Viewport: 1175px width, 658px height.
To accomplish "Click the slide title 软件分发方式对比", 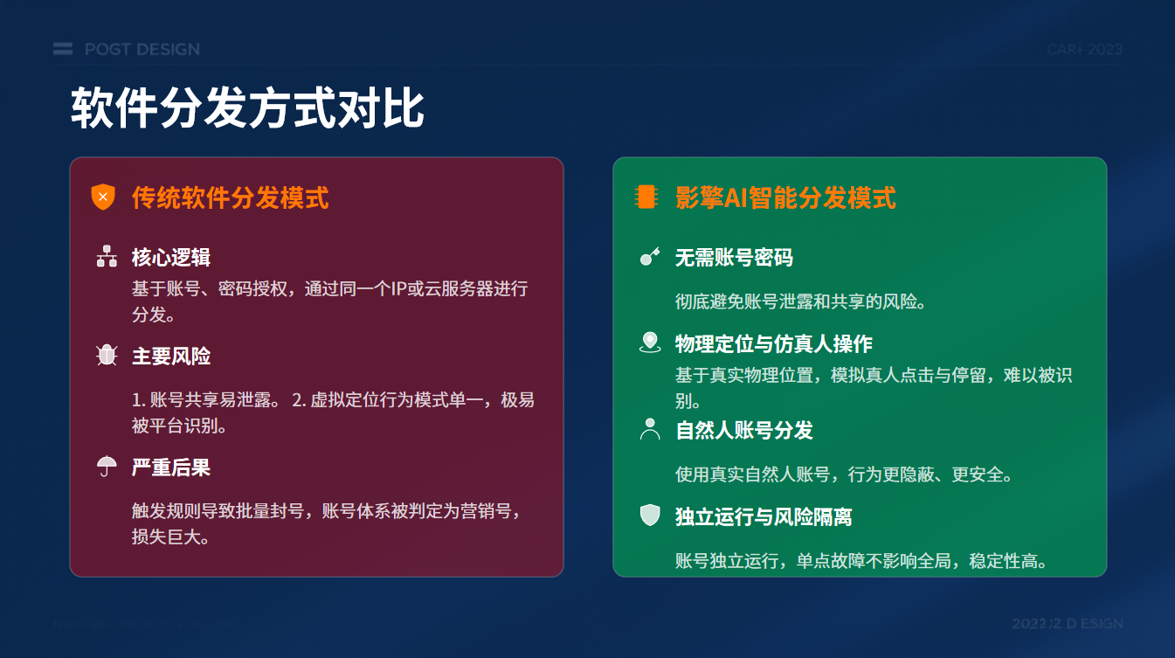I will pyautogui.click(x=247, y=109).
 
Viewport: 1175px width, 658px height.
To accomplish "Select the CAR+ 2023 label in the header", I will pyautogui.click(x=1084, y=49).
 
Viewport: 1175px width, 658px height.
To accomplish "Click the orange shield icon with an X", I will pyautogui.click(x=103, y=197).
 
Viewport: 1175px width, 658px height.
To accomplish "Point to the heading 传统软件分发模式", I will pyautogui.click(x=230, y=197).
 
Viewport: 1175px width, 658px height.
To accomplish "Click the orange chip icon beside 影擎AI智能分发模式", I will pyautogui.click(x=646, y=197).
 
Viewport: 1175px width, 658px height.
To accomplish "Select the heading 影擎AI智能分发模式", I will pyautogui.click(x=785, y=197).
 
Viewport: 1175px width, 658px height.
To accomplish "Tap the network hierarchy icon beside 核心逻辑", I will pyautogui.click(x=107, y=257).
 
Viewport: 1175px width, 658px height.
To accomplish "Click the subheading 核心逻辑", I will pyautogui.click(x=171, y=257).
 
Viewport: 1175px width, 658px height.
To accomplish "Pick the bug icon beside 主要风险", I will pyautogui.click(x=107, y=356).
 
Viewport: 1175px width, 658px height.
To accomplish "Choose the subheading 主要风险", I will pyautogui.click(x=171, y=356).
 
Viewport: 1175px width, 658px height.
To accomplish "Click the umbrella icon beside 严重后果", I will pyautogui.click(x=107, y=467).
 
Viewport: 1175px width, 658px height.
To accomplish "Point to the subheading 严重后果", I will pyautogui.click(x=171, y=468).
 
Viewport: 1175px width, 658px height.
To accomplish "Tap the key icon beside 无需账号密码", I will pyautogui.click(x=649, y=257).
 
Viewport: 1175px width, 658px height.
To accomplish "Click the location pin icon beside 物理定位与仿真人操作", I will pyautogui.click(x=649, y=343).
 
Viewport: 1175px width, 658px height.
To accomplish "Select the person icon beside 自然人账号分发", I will pyautogui.click(x=649, y=429).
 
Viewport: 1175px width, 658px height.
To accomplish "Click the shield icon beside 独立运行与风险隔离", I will pyautogui.click(x=649, y=516).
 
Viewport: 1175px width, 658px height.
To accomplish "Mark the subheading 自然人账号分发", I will pyautogui.click(x=744, y=430).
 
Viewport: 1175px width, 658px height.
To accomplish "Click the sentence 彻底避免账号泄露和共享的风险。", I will pyautogui.click(x=800, y=301).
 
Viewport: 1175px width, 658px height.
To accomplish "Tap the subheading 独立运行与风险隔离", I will pyautogui.click(x=764, y=516).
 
